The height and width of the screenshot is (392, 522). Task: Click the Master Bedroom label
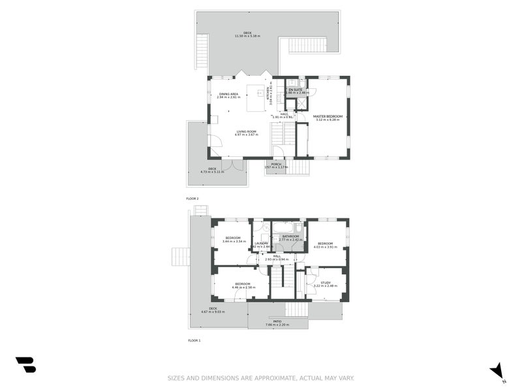[x=328, y=116]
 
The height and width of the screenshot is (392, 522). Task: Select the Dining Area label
[x=228, y=93]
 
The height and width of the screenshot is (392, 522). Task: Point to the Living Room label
[x=247, y=131]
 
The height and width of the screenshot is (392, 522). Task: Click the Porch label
[x=277, y=164]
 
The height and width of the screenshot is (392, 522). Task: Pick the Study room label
[x=326, y=282]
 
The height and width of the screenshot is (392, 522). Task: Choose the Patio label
[x=277, y=321]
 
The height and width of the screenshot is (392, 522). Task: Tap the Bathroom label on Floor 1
[x=290, y=236]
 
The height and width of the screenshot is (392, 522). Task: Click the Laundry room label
[x=262, y=243]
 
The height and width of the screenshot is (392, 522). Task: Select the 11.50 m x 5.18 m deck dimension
[x=247, y=36]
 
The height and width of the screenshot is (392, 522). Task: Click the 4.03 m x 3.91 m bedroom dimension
[x=326, y=247]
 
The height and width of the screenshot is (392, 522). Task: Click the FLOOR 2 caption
[x=192, y=198]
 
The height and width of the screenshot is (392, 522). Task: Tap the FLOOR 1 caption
[x=194, y=340]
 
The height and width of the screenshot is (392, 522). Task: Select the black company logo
[x=25, y=365]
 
